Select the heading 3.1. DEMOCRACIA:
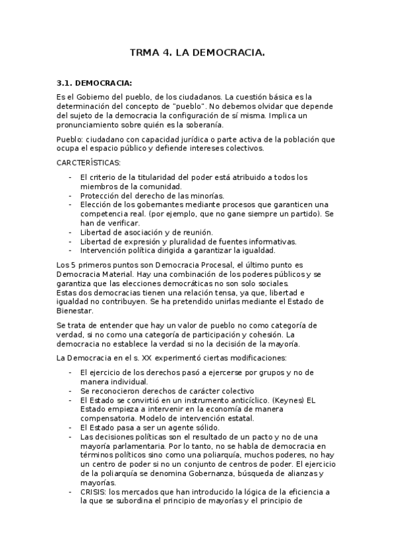(x=94, y=83)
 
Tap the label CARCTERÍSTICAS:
(x=88, y=162)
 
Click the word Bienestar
(x=75, y=310)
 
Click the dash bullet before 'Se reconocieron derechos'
(x=71, y=391)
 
